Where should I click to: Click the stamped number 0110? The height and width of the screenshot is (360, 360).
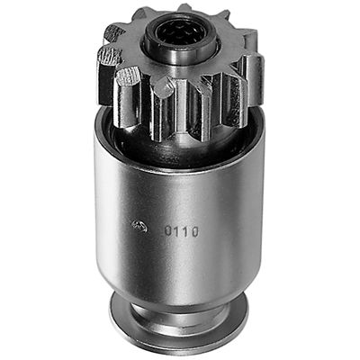[181, 230]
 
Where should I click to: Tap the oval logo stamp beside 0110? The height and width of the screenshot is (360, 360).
[139, 226]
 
